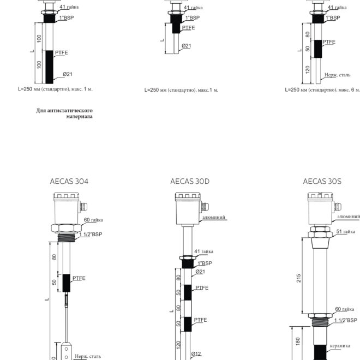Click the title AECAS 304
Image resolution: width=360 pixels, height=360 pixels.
pyautogui.click(x=69, y=182)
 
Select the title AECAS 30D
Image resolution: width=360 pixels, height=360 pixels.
pyautogui.click(x=190, y=182)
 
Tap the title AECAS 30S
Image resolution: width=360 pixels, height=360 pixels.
pyautogui.click(x=322, y=182)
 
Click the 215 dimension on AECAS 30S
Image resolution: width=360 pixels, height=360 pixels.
pyautogui.click(x=298, y=278)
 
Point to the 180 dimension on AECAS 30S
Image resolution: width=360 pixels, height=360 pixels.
pyautogui.click(x=298, y=341)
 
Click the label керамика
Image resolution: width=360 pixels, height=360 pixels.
pyautogui.click(x=340, y=346)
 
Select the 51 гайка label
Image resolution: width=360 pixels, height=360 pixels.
pyautogui.click(x=345, y=231)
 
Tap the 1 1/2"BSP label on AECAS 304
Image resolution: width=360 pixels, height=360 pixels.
pyautogui.click(x=91, y=235)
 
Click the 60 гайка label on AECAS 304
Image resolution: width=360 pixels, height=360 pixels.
pyautogui.click(x=93, y=220)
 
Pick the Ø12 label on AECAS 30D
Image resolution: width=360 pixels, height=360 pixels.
pyautogui.click(x=196, y=354)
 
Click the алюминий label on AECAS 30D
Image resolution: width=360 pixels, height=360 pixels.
pyautogui.click(x=213, y=217)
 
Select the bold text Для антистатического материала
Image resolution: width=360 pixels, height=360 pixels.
pyautogui.click(x=64, y=113)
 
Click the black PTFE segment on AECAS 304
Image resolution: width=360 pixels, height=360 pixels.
pyautogui.click(x=67, y=283)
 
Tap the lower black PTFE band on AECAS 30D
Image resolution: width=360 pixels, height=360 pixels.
pyautogui.click(x=188, y=324)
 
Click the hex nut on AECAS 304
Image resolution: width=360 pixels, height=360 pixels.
pyautogui.click(x=66, y=229)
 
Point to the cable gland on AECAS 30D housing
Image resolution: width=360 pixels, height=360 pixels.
pyautogui.click(x=205, y=207)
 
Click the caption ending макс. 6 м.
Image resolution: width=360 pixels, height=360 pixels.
pyautogui.click(x=322, y=90)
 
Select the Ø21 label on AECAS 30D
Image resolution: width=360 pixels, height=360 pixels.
pyautogui.click(x=200, y=272)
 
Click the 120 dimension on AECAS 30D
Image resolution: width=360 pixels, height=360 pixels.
pyautogui.click(x=178, y=345)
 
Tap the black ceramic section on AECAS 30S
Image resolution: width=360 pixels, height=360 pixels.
pyautogui.click(x=320, y=352)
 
